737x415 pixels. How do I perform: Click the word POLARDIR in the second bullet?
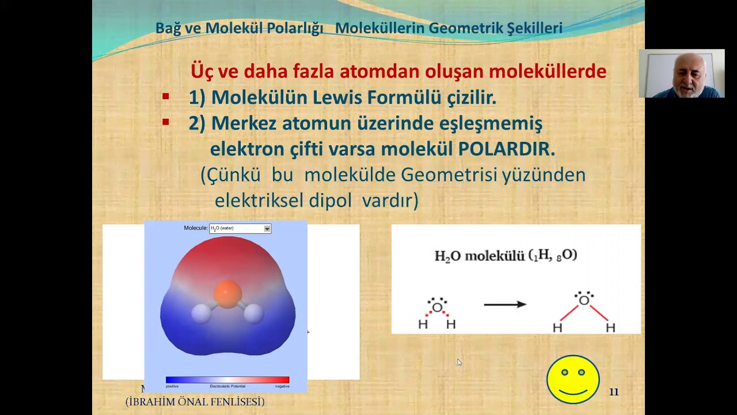point(506,149)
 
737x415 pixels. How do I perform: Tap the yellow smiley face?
point(573,379)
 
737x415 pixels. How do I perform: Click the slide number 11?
point(614,392)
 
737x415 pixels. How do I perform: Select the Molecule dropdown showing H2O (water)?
point(240,228)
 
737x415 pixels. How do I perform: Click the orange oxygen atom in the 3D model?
point(227,293)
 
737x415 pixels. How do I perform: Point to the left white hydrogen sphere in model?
point(201,314)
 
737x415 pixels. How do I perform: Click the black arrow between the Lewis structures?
point(505,304)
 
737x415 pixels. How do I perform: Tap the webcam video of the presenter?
point(681,73)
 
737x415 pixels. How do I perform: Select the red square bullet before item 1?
point(166,97)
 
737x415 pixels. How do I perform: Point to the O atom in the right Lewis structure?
point(584,300)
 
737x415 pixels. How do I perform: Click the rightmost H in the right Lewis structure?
point(610,328)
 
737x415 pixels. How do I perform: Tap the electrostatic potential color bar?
point(227,380)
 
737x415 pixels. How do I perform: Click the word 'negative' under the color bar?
point(282,386)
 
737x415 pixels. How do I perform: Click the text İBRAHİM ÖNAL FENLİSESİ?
point(195,402)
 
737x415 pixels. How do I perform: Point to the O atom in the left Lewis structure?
point(437,307)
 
